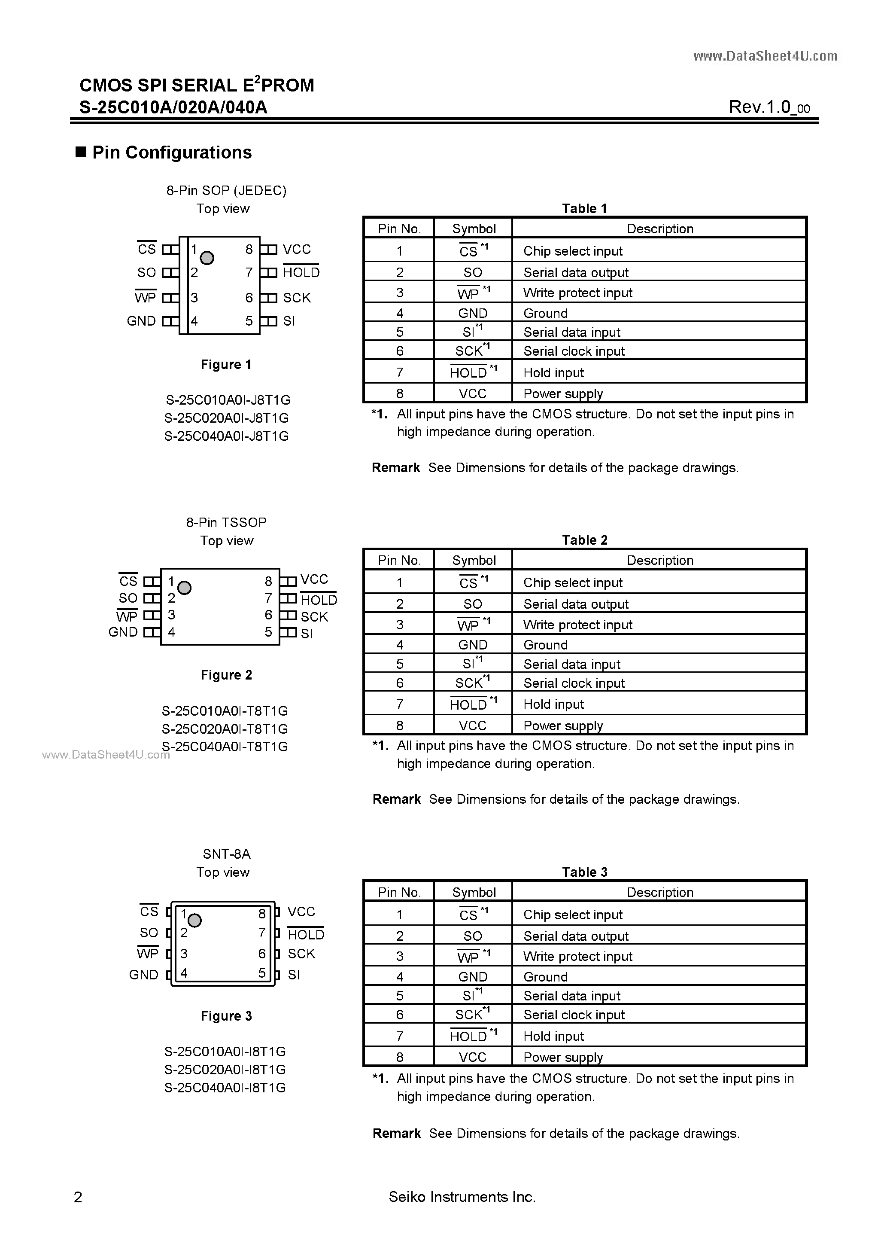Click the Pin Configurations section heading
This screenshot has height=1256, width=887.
(172, 152)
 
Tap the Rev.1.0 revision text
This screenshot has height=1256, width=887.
(769, 107)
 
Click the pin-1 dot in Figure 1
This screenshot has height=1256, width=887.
(207, 258)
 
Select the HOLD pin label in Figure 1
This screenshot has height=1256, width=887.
(301, 272)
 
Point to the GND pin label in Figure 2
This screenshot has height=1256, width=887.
(123, 632)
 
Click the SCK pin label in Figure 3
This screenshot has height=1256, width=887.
(301, 954)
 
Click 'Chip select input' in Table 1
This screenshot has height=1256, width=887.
(573, 251)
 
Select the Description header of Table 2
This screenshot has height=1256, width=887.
(659, 560)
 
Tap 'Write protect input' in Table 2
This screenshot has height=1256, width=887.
(577, 625)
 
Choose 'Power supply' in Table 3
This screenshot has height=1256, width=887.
(563, 1058)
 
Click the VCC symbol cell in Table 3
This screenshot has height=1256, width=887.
(473, 1058)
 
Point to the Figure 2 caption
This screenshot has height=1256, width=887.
(226, 675)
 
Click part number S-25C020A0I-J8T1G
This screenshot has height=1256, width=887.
(226, 418)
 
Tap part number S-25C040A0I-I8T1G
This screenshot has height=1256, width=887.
(225, 1088)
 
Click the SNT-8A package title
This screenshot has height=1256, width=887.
(226, 854)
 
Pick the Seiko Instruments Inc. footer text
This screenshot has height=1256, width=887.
(462, 1197)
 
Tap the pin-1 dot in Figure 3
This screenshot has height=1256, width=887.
(194, 921)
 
